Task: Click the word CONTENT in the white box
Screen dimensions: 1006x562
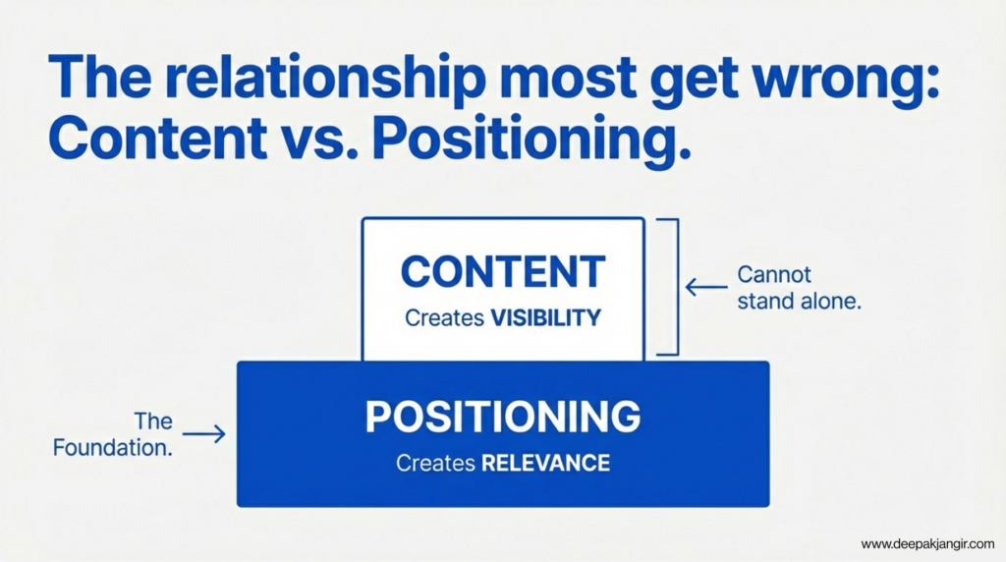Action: [x=503, y=272]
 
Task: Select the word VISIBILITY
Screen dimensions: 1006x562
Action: [x=546, y=317]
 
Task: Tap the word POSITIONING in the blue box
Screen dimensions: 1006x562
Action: [x=503, y=417]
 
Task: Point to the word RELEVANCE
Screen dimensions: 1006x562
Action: [x=545, y=463]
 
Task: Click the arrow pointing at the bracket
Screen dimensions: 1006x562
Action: [x=706, y=287]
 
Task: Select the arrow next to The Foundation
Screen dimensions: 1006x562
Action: [x=204, y=434]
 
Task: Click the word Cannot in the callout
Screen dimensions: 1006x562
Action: [x=774, y=274]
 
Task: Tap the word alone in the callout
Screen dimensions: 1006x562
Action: [x=829, y=301]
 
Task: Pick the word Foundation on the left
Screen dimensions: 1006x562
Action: [x=113, y=447]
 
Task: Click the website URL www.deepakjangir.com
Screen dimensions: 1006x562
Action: [x=927, y=544]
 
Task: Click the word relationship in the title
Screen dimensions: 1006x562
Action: [x=324, y=79]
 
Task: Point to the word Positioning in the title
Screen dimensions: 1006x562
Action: [x=531, y=140]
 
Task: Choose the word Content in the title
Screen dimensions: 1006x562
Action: [x=158, y=138]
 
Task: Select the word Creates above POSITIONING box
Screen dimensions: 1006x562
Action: [x=445, y=317]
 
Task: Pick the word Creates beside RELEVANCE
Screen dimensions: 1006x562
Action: [x=435, y=463]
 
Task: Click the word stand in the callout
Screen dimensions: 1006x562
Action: [x=763, y=301]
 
